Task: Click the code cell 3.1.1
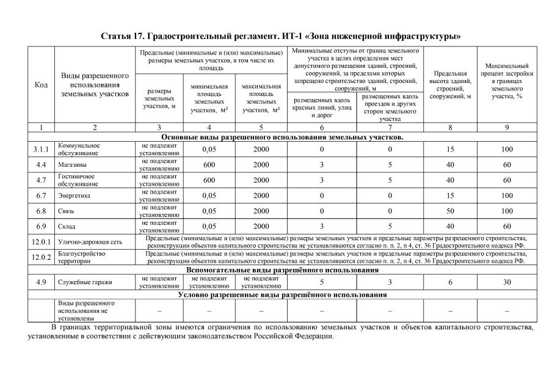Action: tap(41, 149)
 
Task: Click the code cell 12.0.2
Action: tap(41, 257)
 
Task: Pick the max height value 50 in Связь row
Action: tap(450, 211)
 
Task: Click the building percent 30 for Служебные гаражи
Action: tap(506, 282)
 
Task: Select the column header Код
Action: tap(41, 85)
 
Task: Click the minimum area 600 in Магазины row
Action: tap(209, 164)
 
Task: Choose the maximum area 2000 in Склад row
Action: tap(261, 227)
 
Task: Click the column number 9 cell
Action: tap(506, 128)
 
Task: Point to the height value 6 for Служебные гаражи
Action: tap(450, 282)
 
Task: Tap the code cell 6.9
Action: tap(41, 227)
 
